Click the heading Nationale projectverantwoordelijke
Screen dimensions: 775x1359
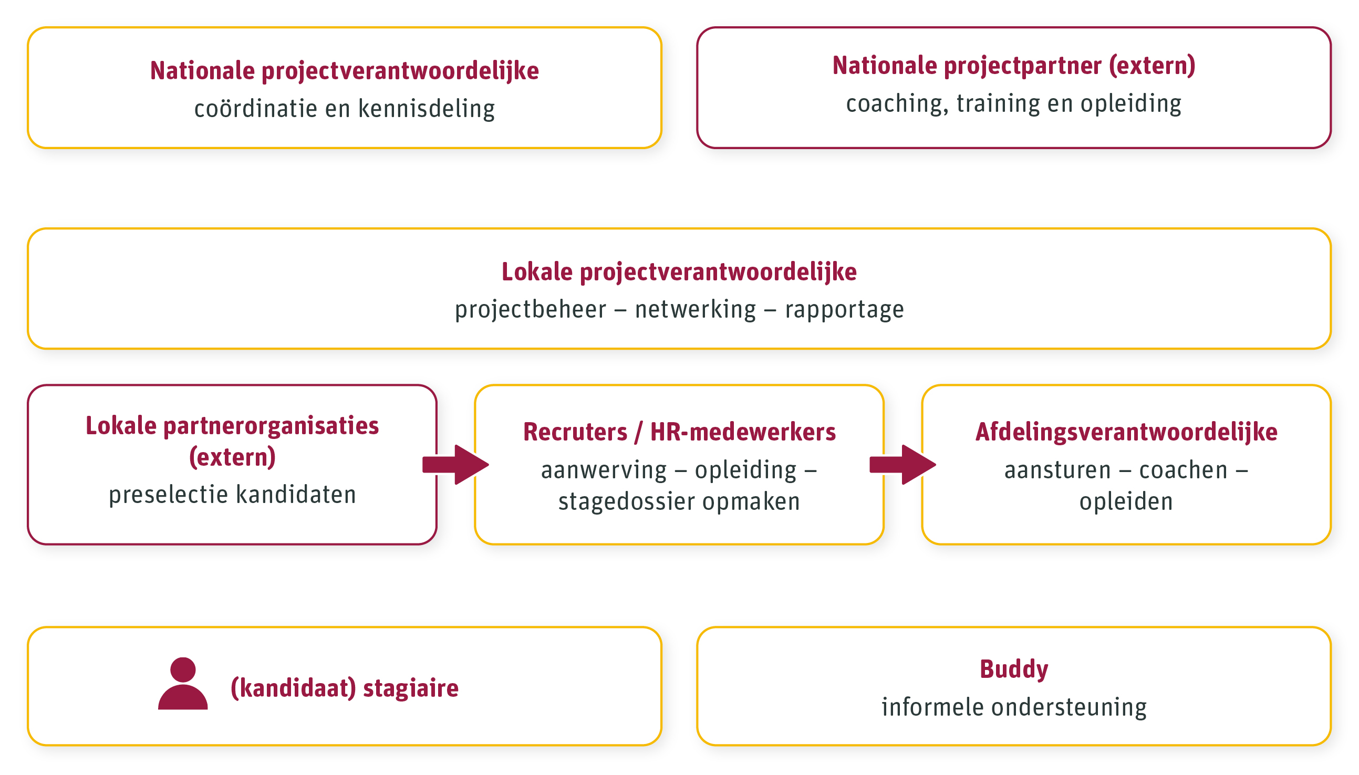(x=344, y=71)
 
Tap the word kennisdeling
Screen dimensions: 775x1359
(x=426, y=109)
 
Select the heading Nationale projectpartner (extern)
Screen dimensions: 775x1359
(x=1013, y=66)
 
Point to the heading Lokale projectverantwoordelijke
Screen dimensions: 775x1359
(x=679, y=272)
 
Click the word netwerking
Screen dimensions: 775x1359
(x=695, y=309)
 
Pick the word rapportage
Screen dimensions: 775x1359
(x=844, y=309)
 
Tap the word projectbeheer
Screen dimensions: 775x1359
(x=531, y=309)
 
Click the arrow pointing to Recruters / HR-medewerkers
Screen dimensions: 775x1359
(x=456, y=464)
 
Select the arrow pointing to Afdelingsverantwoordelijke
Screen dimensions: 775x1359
(x=902, y=464)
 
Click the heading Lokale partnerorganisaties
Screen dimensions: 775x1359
(x=232, y=426)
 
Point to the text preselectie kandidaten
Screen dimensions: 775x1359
(x=232, y=495)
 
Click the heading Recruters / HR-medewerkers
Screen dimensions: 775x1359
(x=679, y=432)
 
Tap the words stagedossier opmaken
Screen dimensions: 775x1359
(x=679, y=501)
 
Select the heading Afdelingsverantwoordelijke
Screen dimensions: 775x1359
(x=1126, y=432)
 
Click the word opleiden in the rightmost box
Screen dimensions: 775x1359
(x=1126, y=501)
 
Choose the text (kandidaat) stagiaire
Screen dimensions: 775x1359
(x=344, y=688)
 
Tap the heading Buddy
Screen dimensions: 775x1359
(x=1013, y=669)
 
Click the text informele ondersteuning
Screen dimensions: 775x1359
(x=1013, y=707)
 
